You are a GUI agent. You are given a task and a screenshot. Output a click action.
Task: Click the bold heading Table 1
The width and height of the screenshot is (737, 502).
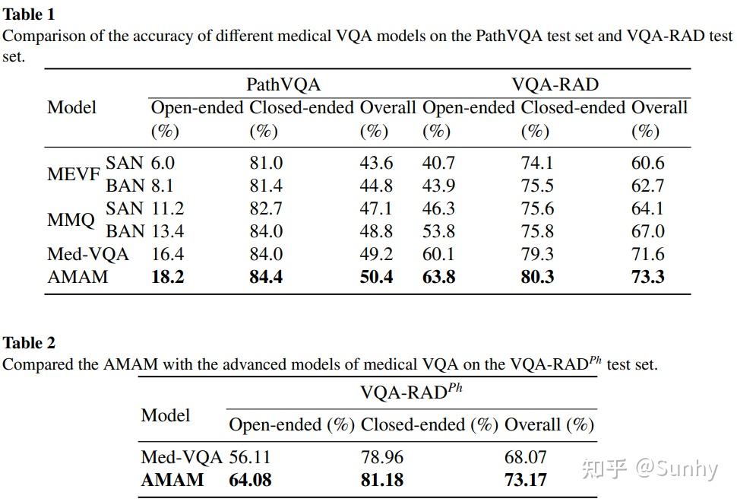coord(29,14)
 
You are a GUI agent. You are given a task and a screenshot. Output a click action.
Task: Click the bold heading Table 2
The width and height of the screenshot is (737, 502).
coord(29,343)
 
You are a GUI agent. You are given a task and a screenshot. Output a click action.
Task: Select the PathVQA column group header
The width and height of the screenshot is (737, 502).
coord(283,84)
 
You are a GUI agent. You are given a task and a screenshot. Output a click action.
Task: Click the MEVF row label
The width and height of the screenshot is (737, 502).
coord(74,174)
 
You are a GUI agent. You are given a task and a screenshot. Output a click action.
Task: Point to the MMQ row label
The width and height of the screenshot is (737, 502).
coord(71,221)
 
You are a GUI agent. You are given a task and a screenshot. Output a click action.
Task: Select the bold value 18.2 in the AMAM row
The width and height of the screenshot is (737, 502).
coord(167,277)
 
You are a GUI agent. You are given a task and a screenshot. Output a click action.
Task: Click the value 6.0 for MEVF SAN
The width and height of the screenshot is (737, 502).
coord(163,163)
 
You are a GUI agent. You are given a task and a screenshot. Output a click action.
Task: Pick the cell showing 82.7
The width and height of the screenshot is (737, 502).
coord(266,208)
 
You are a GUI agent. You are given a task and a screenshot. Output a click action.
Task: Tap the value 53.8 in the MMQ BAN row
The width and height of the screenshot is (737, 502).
coord(438,231)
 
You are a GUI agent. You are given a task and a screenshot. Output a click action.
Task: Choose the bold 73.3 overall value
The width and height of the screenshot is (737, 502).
coord(647,277)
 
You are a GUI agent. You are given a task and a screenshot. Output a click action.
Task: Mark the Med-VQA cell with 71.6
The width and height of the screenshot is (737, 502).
coord(647,254)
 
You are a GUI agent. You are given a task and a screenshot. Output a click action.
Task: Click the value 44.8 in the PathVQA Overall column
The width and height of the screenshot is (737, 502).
coord(376,186)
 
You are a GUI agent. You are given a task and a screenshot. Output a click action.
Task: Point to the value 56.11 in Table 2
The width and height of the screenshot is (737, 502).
coord(250,457)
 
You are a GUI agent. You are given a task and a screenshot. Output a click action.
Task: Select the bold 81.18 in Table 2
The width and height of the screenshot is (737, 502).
coord(382,480)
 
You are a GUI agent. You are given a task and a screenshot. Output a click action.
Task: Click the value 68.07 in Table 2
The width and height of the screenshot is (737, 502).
coord(526,457)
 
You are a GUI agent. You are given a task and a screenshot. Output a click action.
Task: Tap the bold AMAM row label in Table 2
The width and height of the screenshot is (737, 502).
coord(172,480)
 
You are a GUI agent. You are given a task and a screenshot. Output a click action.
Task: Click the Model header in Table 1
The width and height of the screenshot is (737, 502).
coord(71,107)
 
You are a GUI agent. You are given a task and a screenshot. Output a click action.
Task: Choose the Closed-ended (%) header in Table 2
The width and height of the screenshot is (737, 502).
coord(430,424)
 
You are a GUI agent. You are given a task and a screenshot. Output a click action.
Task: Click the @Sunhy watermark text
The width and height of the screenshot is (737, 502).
coord(676,469)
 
